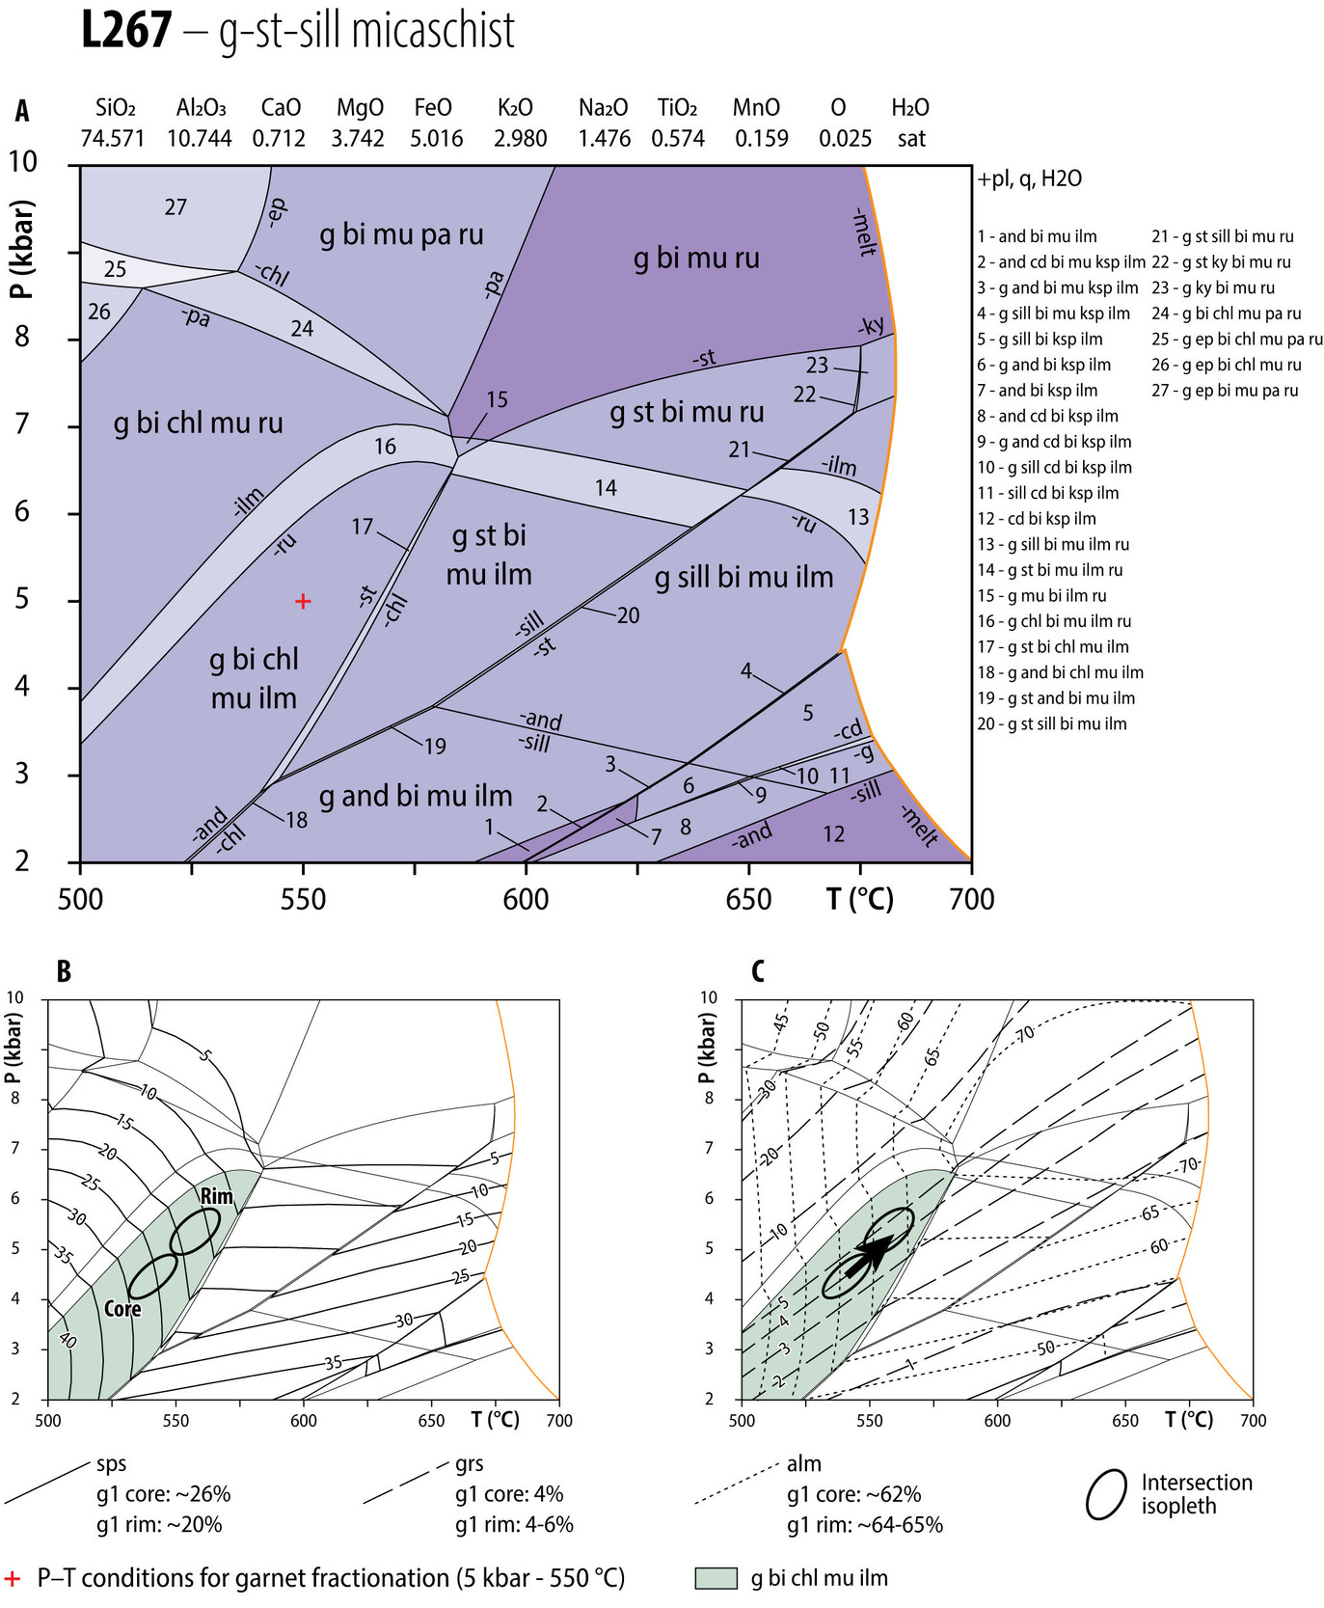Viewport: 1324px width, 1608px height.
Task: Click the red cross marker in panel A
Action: pos(303,601)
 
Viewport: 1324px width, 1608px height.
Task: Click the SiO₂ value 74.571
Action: pos(113,139)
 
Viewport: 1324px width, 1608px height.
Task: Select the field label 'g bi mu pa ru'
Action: pos(401,234)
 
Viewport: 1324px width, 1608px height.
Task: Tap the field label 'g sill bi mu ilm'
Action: pos(743,578)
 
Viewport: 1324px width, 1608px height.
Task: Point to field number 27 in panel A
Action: pos(176,207)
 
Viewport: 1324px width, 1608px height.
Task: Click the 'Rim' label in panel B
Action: pos(217,1196)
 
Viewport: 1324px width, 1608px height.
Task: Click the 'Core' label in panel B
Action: pos(122,1309)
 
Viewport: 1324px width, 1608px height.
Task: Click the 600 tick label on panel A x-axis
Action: pos(526,900)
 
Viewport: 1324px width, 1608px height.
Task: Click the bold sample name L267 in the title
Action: pos(125,31)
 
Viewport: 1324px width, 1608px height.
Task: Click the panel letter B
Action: pos(64,970)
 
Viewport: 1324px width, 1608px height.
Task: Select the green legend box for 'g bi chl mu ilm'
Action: pos(716,1578)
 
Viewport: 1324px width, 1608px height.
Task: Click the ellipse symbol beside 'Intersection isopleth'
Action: pos(1106,1494)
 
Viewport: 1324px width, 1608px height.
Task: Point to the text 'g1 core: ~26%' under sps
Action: pos(163,1494)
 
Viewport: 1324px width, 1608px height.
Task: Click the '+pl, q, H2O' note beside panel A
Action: pos(1029,178)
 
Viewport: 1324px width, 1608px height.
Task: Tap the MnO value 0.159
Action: pos(761,139)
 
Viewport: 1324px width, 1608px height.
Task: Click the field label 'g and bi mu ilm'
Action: pos(416,797)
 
